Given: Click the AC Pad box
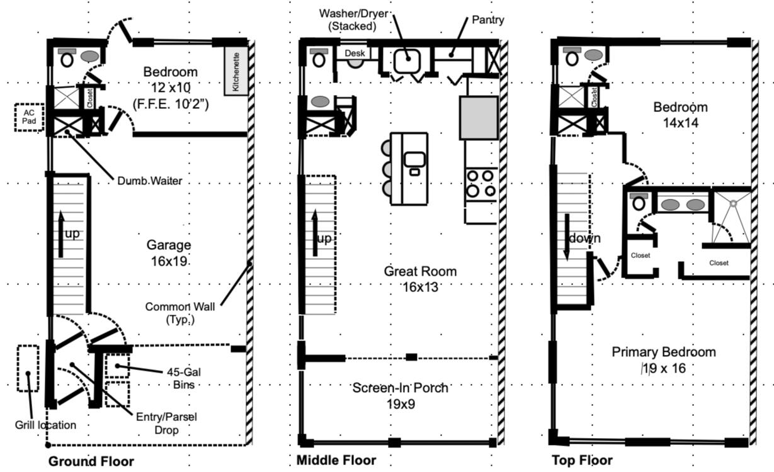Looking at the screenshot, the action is click(30, 118).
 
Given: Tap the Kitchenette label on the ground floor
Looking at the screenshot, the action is click(236, 72).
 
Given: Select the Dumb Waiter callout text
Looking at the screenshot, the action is click(150, 181).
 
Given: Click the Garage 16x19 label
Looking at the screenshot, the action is click(169, 253).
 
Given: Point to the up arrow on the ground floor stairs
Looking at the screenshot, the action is click(61, 234).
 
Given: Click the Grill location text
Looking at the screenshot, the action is click(45, 425).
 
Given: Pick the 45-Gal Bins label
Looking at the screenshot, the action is click(184, 378).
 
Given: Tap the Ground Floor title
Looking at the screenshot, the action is click(91, 461).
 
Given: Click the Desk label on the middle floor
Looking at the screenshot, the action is click(355, 53).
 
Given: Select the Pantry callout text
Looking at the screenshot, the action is click(488, 20).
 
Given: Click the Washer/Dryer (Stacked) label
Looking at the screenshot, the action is click(353, 20).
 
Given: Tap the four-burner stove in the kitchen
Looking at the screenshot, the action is click(481, 184).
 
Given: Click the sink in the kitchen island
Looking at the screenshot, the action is click(414, 159).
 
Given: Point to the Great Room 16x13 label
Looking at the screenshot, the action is click(420, 279).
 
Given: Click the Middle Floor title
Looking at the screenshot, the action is click(336, 460).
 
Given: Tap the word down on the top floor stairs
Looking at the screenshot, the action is click(584, 238).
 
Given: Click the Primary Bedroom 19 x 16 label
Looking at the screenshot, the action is click(664, 360).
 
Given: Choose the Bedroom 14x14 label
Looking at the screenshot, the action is click(680, 115).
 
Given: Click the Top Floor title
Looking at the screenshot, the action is click(582, 460).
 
